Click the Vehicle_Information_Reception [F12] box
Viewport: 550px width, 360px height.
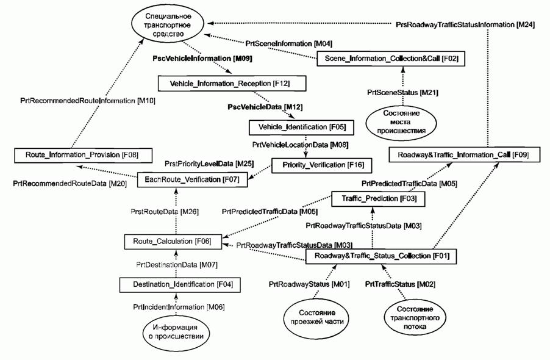(x=230, y=82)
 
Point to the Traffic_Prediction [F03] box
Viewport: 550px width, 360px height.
(x=377, y=198)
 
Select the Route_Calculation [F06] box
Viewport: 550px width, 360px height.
(x=172, y=241)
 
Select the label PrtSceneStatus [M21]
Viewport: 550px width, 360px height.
(x=402, y=92)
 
